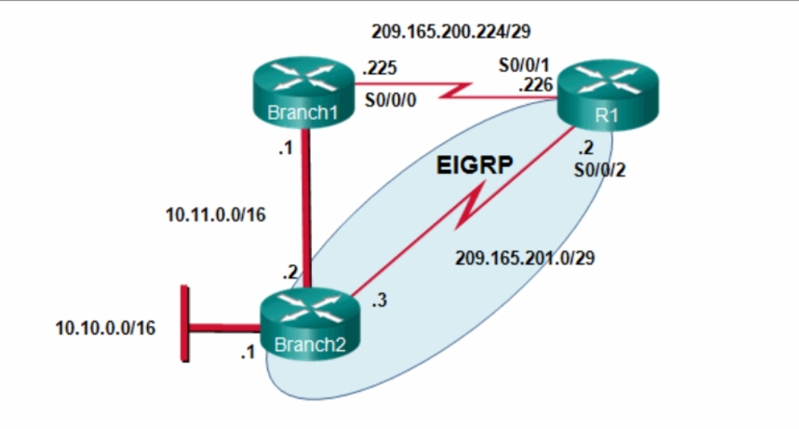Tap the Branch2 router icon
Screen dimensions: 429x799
(310, 325)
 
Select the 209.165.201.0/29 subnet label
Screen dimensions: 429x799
(524, 258)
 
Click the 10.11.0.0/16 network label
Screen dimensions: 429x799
(215, 215)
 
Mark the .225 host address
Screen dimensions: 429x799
(379, 69)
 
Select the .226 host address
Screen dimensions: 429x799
(535, 86)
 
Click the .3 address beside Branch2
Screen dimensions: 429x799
(379, 301)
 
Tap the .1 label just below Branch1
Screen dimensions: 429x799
(285, 150)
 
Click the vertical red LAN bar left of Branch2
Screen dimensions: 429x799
(183, 323)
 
